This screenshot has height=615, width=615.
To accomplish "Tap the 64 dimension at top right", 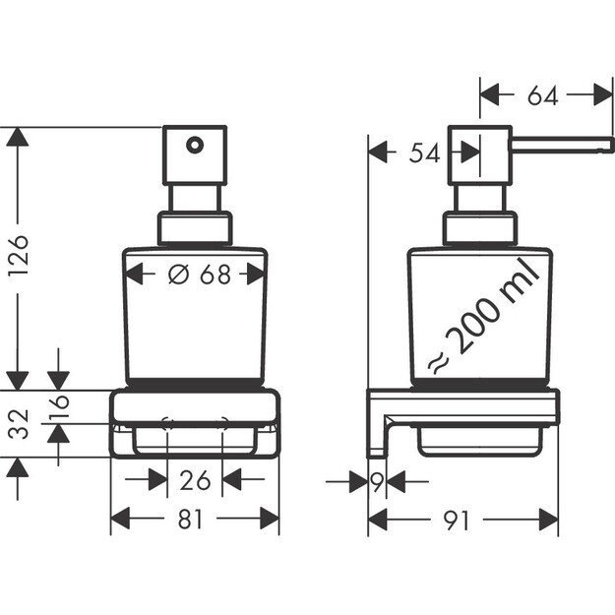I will tap(542, 95).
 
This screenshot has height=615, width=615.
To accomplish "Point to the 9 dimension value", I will tap(377, 481).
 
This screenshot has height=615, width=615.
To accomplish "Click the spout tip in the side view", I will tap(604, 145).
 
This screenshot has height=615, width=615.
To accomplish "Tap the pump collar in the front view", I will tap(195, 230).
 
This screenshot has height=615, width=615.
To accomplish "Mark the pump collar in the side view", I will tap(479, 230).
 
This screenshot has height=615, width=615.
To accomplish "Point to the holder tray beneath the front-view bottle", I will tap(195, 423).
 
